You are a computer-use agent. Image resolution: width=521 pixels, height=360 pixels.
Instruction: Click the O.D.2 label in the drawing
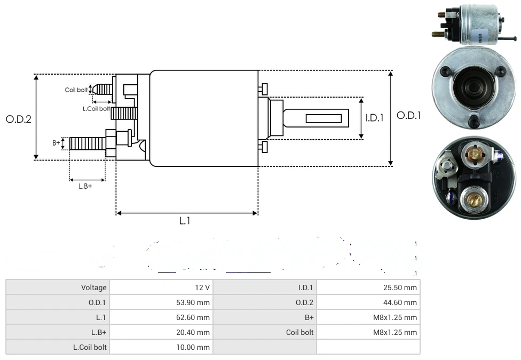(x=19, y=119)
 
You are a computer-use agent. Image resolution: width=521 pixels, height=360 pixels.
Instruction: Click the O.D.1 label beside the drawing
(x=409, y=115)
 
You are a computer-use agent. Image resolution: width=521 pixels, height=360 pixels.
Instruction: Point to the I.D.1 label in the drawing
(x=375, y=118)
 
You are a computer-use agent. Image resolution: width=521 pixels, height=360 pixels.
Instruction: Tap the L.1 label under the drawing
(x=185, y=221)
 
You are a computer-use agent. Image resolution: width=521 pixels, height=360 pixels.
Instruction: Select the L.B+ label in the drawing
(x=85, y=186)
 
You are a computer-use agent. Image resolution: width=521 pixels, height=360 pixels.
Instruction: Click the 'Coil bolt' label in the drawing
(x=76, y=90)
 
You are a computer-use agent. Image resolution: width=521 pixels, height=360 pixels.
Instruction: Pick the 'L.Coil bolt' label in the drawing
(x=96, y=108)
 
